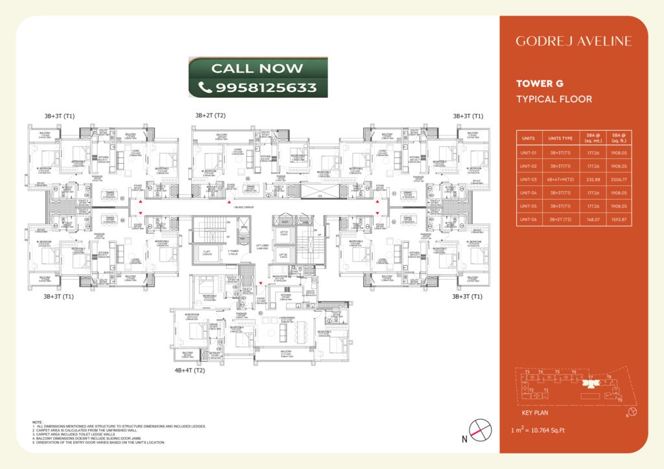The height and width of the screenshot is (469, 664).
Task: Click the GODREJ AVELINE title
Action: tap(573, 41)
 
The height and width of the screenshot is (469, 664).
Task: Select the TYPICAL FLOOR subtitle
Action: tap(554, 99)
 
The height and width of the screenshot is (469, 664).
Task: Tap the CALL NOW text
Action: tap(257, 68)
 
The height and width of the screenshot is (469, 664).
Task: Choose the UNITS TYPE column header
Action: tap(558, 138)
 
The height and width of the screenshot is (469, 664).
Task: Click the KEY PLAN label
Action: tap(535, 412)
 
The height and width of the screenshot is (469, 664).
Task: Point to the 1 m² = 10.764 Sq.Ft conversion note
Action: tap(539, 430)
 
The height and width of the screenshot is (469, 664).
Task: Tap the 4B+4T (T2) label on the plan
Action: tap(189, 371)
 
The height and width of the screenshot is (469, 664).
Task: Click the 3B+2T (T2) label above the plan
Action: tap(210, 115)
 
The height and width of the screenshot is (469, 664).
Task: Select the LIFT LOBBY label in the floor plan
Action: tap(263, 247)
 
